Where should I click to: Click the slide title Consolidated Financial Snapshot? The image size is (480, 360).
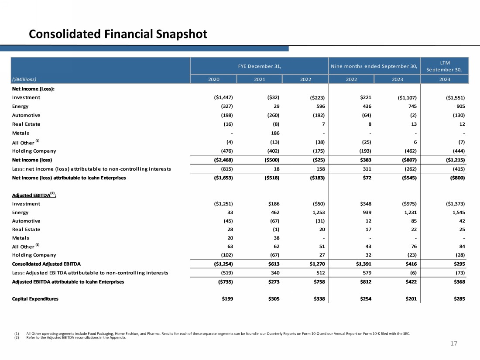coord(117,34)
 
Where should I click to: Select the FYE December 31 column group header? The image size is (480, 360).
coord(259,66)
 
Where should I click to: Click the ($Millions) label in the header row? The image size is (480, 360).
coord(24,79)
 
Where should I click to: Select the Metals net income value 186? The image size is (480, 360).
coord(274,133)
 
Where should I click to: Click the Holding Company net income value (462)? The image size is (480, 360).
coord(405,151)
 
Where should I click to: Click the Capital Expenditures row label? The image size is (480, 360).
coord(35,299)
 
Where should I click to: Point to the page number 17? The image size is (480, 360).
coord(453,344)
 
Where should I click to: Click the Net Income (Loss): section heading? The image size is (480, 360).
coord(36,89)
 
